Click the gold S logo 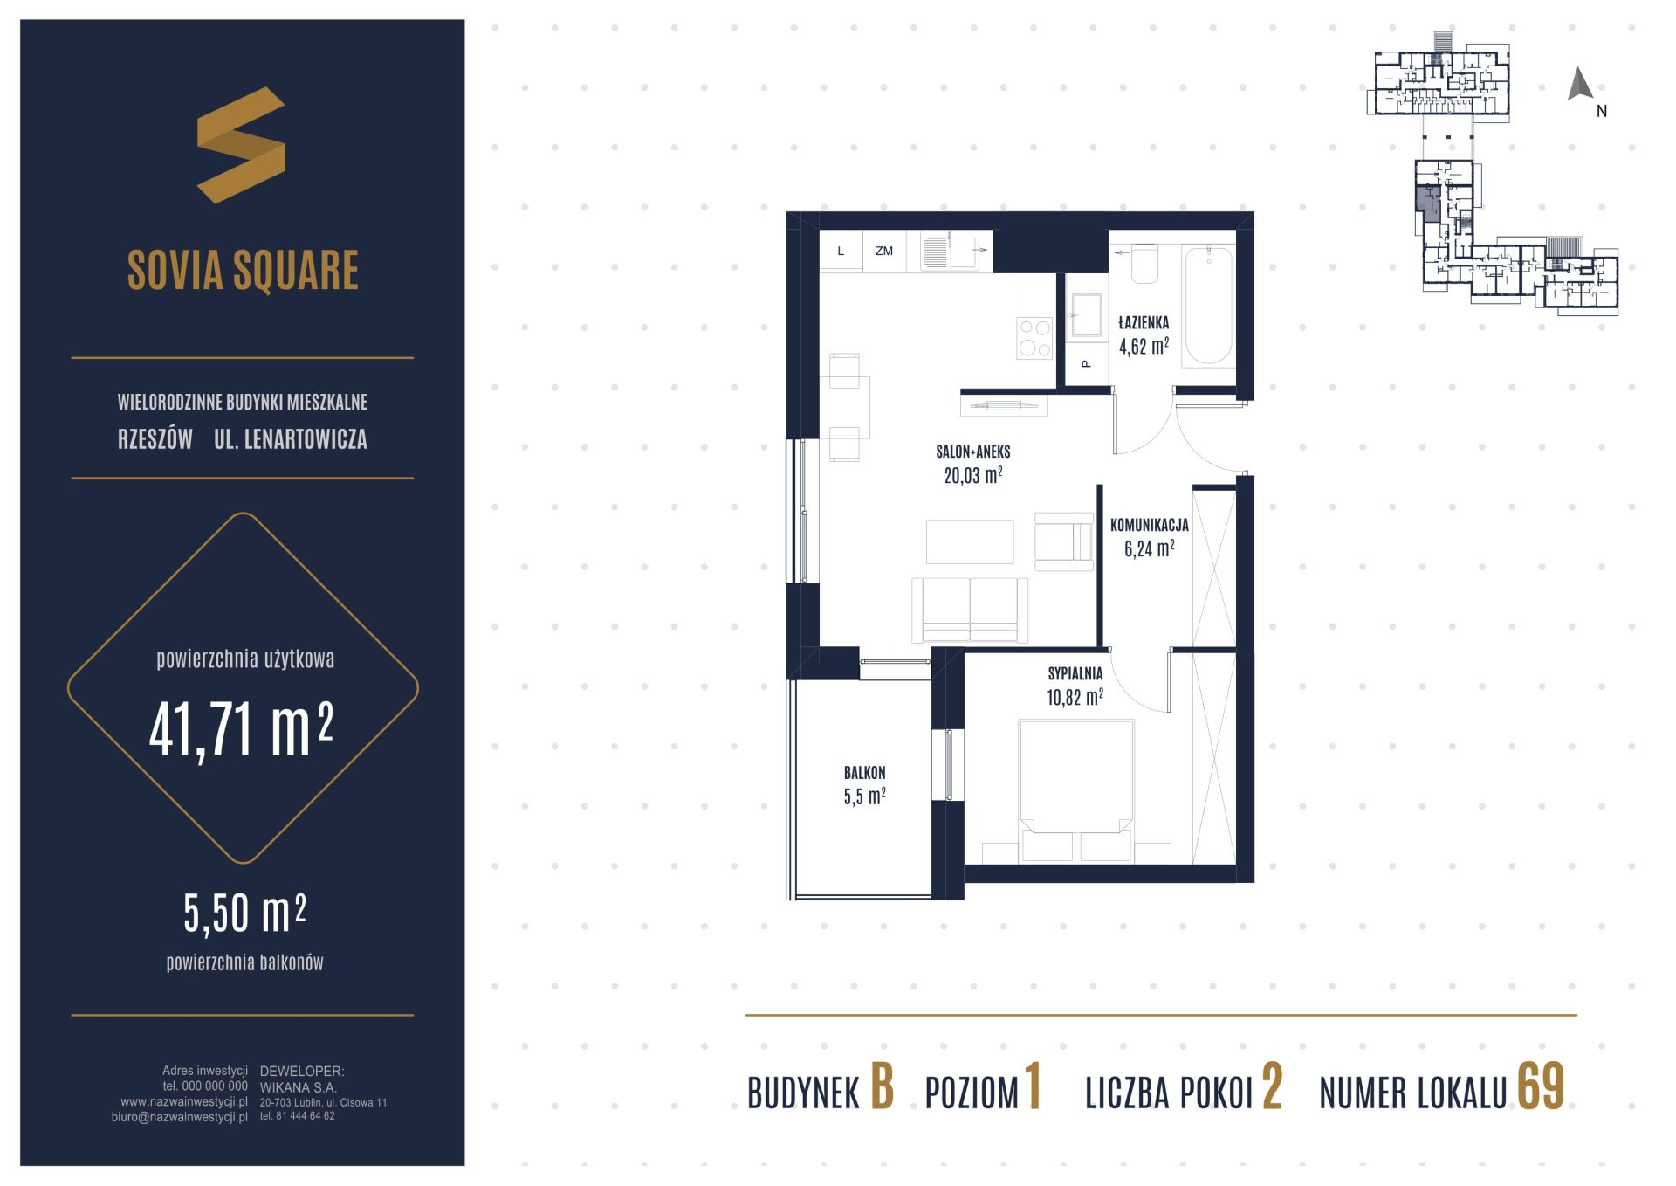(x=241, y=145)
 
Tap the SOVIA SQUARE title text (x=243, y=270)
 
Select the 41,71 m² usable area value (x=241, y=730)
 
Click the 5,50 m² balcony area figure (x=244, y=913)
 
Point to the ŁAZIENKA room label (x=1144, y=323)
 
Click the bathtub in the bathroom (x=1208, y=304)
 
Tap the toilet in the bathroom (x=1144, y=264)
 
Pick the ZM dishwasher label (x=884, y=251)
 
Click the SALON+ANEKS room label (x=973, y=452)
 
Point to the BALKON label (x=864, y=773)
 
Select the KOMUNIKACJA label (x=1149, y=526)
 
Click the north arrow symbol (x=1580, y=84)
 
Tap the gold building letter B (x=882, y=1088)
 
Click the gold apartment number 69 (x=1541, y=1088)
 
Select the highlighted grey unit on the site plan (x=1428, y=203)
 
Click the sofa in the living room (x=970, y=610)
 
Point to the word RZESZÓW (x=155, y=439)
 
